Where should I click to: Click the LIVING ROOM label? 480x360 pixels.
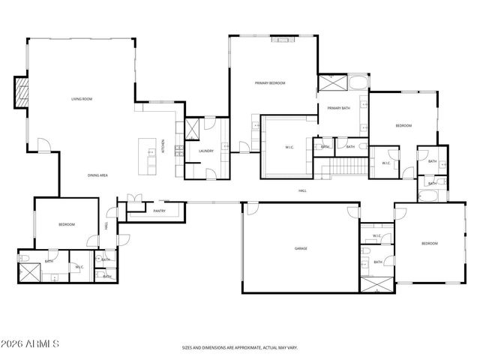tap(81, 99)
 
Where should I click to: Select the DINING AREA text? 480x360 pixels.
tap(98, 175)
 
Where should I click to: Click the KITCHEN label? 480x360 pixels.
tap(164, 146)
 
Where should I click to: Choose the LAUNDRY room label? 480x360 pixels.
tap(206, 151)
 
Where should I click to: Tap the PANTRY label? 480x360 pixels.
tap(159, 211)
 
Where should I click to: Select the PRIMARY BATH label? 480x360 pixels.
tap(338, 108)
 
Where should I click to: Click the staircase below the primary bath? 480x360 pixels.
tap(346, 165)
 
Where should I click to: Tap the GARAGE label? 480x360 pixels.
tap(301, 248)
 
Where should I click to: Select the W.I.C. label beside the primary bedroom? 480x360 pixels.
tap(289, 147)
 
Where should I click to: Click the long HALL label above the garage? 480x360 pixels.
tap(303, 190)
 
